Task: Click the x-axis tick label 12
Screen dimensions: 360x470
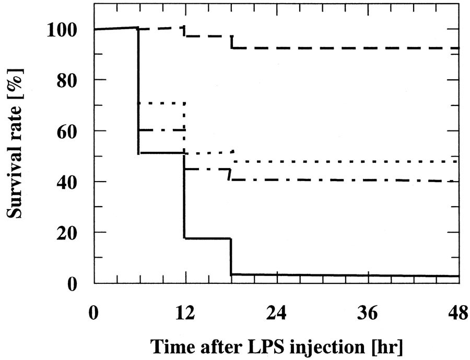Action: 184,316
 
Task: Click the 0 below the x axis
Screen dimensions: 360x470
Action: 94,316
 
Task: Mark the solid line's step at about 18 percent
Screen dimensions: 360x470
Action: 207,238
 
